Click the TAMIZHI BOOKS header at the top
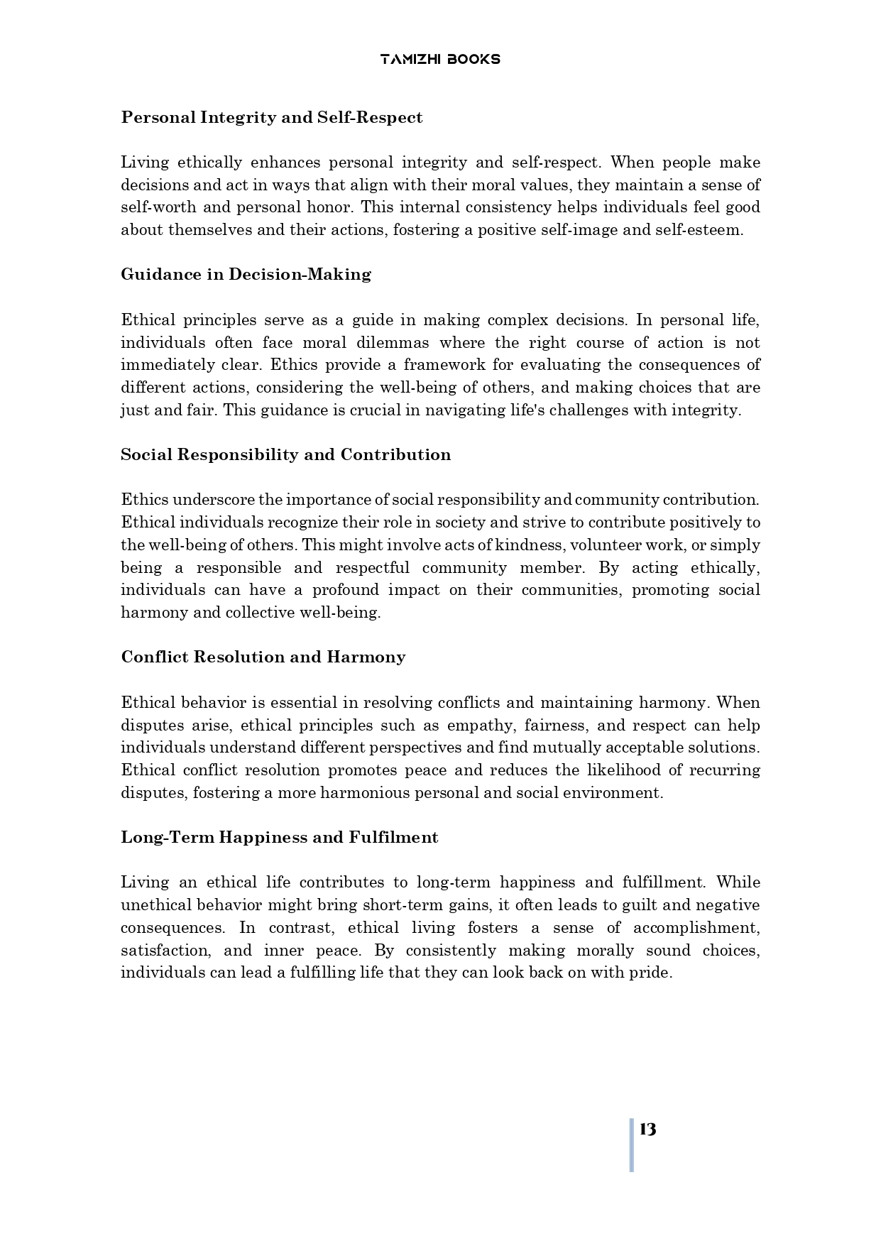click(440, 60)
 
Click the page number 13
click(647, 1129)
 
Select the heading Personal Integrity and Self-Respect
click(271, 117)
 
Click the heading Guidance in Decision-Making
click(246, 274)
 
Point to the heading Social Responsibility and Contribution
click(285, 454)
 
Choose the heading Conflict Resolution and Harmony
click(263, 657)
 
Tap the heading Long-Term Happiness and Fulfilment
click(279, 837)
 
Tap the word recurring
click(724, 770)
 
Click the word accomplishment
click(696, 928)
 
